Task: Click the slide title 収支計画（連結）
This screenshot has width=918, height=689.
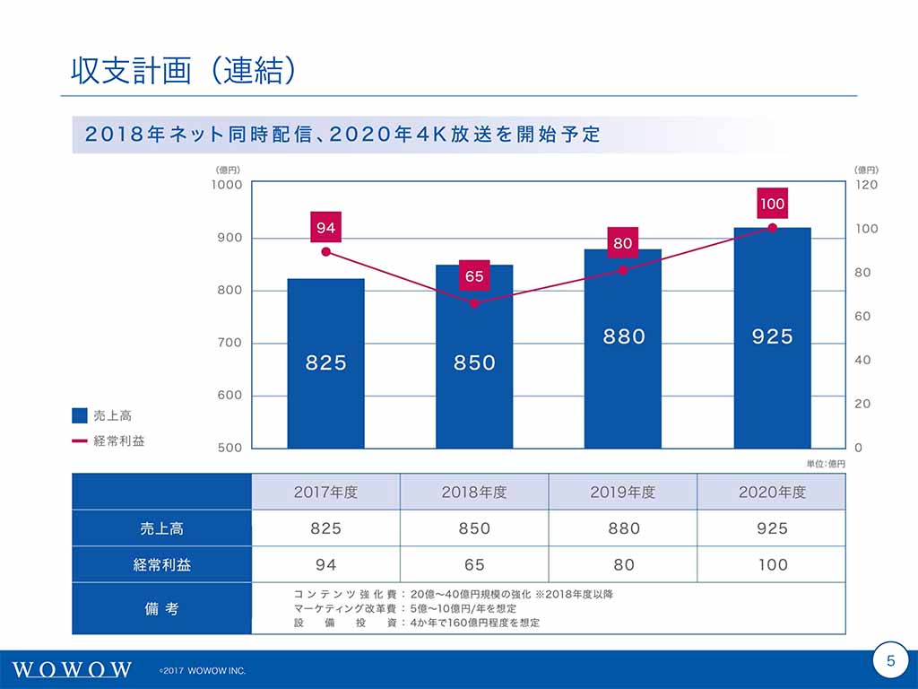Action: click(183, 71)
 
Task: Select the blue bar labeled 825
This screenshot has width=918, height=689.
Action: click(325, 363)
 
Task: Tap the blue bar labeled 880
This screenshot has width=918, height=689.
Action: click(623, 349)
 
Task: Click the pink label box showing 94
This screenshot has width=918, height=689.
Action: click(325, 228)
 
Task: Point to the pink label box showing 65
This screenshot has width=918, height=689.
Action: click(474, 276)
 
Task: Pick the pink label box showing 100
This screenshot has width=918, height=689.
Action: click(772, 204)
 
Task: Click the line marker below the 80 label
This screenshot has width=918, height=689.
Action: click(623, 270)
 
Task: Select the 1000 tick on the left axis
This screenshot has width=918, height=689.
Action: click(227, 185)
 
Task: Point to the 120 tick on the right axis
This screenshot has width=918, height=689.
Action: click(866, 185)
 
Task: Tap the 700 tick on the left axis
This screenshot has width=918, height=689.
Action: click(229, 343)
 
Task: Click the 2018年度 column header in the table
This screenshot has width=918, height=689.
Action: click(474, 493)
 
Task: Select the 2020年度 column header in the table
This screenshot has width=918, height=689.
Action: click(772, 493)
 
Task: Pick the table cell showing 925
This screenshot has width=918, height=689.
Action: click(772, 528)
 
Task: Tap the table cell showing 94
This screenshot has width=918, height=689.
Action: click(325, 564)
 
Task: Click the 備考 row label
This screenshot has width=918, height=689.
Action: click(162, 608)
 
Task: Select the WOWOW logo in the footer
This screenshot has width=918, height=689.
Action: click(74, 670)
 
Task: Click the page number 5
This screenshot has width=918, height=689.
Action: click(890, 661)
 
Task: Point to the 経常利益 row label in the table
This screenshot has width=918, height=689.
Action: click(162, 564)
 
